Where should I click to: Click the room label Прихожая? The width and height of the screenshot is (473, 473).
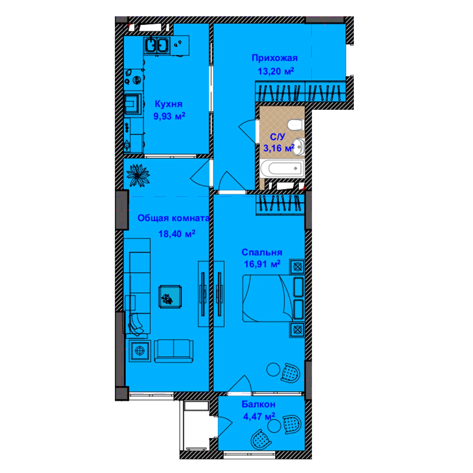click(x=274, y=58)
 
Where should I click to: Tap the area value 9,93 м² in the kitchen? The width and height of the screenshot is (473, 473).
click(x=169, y=116)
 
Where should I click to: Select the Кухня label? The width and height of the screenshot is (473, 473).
click(x=168, y=104)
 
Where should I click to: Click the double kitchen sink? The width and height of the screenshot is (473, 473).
click(x=157, y=44)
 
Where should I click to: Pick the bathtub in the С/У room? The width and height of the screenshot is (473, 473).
click(x=282, y=168)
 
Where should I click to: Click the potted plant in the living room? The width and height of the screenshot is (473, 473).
click(x=138, y=176)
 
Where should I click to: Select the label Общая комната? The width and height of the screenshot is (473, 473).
click(x=173, y=218)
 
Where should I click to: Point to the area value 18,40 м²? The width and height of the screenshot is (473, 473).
click(x=177, y=234)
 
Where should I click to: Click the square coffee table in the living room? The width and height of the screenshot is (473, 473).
click(x=170, y=296)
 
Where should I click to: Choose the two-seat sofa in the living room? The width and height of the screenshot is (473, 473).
click(x=174, y=351)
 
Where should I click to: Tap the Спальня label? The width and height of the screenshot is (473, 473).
click(x=262, y=252)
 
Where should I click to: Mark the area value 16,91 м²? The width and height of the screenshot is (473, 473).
click(x=262, y=264)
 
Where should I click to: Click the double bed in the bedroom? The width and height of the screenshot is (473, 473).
click(x=273, y=298)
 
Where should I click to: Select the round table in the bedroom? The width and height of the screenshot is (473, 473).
click(x=273, y=370)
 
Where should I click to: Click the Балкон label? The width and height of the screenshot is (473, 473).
click(x=259, y=404)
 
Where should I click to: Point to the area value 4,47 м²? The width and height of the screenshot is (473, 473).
click(x=259, y=416)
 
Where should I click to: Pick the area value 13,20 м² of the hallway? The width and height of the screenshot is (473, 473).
click(x=276, y=71)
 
